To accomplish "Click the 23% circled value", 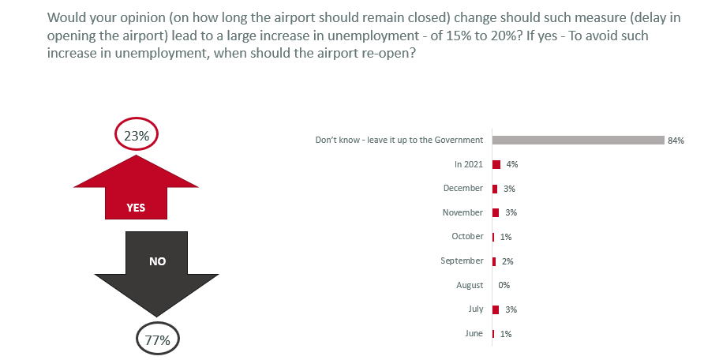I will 137,136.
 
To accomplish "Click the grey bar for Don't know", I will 578,141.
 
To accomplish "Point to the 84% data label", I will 676,141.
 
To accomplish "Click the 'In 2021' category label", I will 468,164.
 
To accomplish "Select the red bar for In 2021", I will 496,164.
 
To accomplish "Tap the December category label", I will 462,188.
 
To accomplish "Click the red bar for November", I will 495,212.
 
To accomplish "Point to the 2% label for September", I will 507,261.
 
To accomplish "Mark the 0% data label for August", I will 504,286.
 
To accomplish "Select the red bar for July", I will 495,309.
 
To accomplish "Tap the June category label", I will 474,333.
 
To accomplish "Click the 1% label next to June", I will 506,334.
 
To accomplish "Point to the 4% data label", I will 511,164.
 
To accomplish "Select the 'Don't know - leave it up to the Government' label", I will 399,140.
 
